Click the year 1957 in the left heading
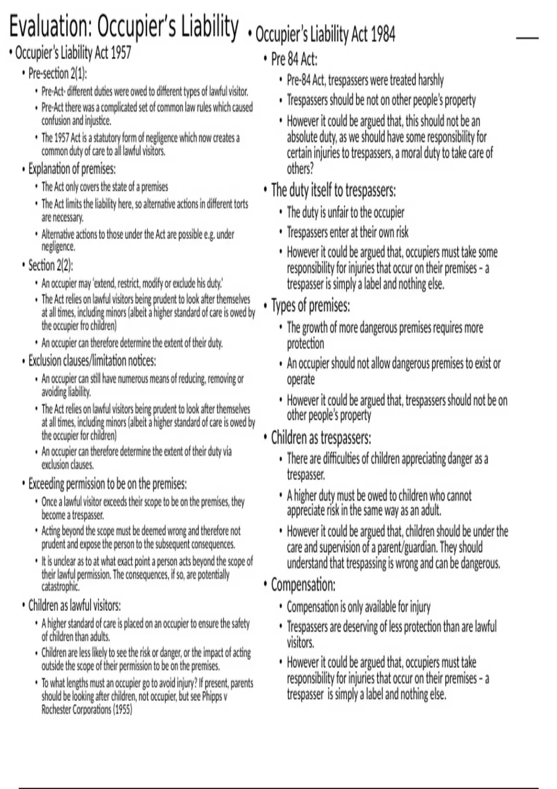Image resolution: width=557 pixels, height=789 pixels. (121, 52)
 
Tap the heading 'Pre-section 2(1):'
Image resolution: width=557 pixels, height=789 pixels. (58, 73)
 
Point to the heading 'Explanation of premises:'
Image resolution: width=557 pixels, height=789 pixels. (72, 168)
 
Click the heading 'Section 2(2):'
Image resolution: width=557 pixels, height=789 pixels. (51, 265)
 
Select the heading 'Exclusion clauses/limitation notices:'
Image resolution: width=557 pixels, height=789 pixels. (92, 361)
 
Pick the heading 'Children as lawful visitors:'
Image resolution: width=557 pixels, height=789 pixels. (74, 605)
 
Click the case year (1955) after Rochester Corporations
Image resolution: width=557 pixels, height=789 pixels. (123, 710)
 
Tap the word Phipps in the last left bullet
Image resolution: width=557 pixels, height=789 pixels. (213, 697)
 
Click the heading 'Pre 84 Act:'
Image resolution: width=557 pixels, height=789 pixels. (294, 59)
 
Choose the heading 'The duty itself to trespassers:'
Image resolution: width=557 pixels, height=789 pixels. (333, 190)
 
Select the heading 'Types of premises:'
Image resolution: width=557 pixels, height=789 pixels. (311, 306)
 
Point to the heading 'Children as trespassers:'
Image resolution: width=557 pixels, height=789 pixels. (321, 438)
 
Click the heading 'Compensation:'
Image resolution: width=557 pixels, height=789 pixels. (303, 585)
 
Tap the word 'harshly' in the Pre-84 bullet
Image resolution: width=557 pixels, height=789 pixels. (431, 80)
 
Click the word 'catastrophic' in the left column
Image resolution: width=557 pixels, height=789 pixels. (60, 587)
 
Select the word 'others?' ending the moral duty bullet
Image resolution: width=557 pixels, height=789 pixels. (300, 168)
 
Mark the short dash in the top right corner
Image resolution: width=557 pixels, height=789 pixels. (527, 38)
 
